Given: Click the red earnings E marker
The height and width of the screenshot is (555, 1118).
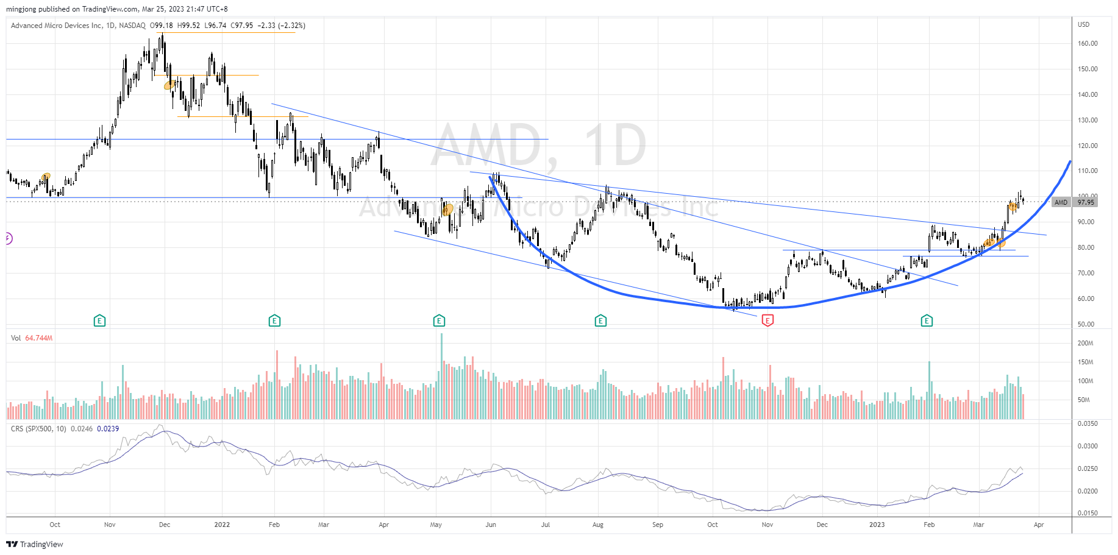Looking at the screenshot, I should point(767,320).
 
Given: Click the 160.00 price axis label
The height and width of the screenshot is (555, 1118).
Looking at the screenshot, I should point(1088,43).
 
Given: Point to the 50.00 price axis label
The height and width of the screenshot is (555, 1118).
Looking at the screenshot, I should point(1086,324).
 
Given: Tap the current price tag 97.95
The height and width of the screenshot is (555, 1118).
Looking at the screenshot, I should point(1086,202).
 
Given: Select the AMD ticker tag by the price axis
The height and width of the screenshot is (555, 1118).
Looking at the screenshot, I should point(1061,202).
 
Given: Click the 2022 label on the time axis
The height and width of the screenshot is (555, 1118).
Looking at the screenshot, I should point(222,525).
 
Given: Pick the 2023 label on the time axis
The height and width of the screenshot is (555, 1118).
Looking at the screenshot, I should point(877,525).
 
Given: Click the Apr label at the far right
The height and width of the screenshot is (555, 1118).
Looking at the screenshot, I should point(1039,525).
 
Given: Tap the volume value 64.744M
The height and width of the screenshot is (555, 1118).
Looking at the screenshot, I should point(38,338).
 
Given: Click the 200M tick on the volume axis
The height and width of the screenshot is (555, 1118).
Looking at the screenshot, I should point(1085,343).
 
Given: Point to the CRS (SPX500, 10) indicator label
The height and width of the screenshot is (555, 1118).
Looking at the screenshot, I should point(38,429).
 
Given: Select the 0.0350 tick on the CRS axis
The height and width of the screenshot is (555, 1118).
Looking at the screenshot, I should point(1088,423).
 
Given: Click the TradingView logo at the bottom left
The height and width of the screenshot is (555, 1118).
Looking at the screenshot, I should point(35,544).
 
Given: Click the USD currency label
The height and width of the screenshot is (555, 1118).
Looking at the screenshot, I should point(1083,24).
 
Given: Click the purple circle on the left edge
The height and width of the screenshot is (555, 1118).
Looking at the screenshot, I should point(8,238).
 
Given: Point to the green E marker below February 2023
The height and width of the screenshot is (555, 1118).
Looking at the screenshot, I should point(927,320).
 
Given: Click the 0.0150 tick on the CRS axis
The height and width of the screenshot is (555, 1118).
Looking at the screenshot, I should point(1088,513).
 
